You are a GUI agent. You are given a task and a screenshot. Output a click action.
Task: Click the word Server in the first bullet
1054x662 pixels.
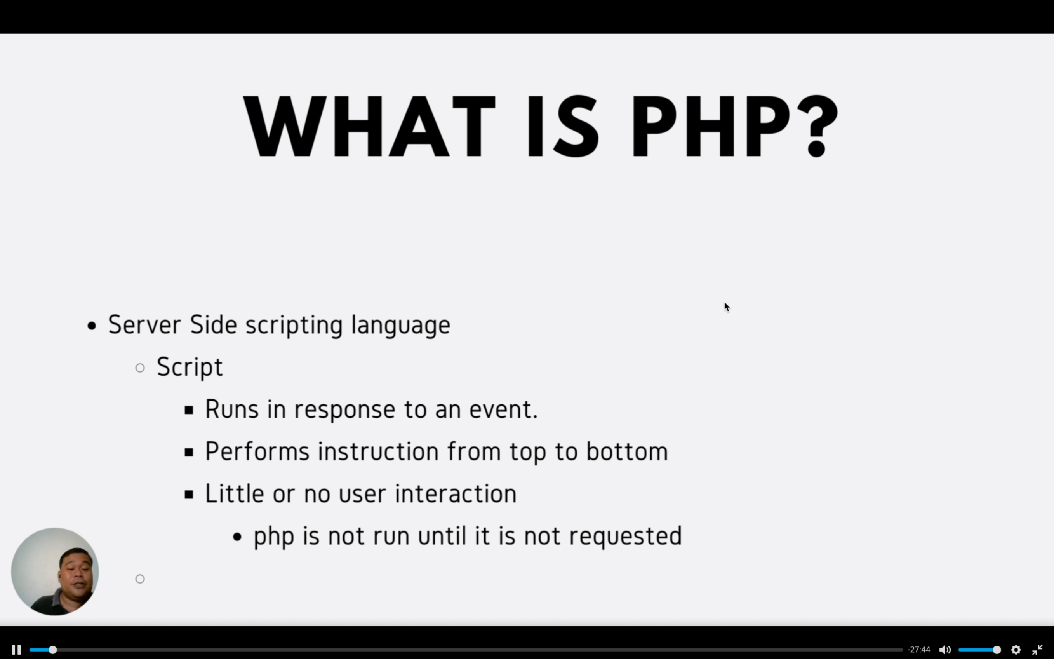tap(144, 325)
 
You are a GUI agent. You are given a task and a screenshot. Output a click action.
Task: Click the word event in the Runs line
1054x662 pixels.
tap(503, 410)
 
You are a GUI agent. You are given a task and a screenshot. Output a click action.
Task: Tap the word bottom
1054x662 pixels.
tap(627, 451)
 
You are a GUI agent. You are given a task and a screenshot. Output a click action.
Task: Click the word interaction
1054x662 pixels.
tap(456, 493)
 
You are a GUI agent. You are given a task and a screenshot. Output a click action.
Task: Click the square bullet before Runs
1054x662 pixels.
tap(189, 410)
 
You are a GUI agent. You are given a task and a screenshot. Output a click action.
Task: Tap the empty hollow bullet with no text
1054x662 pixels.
tap(140, 579)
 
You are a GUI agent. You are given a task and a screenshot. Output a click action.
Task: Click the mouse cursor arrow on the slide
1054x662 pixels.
tap(727, 307)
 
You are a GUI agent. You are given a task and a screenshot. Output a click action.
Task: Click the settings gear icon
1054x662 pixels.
tap(1016, 650)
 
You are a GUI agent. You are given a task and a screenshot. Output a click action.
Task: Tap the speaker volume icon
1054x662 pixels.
tap(945, 650)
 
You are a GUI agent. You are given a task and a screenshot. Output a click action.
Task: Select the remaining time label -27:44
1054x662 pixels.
tap(919, 650)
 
